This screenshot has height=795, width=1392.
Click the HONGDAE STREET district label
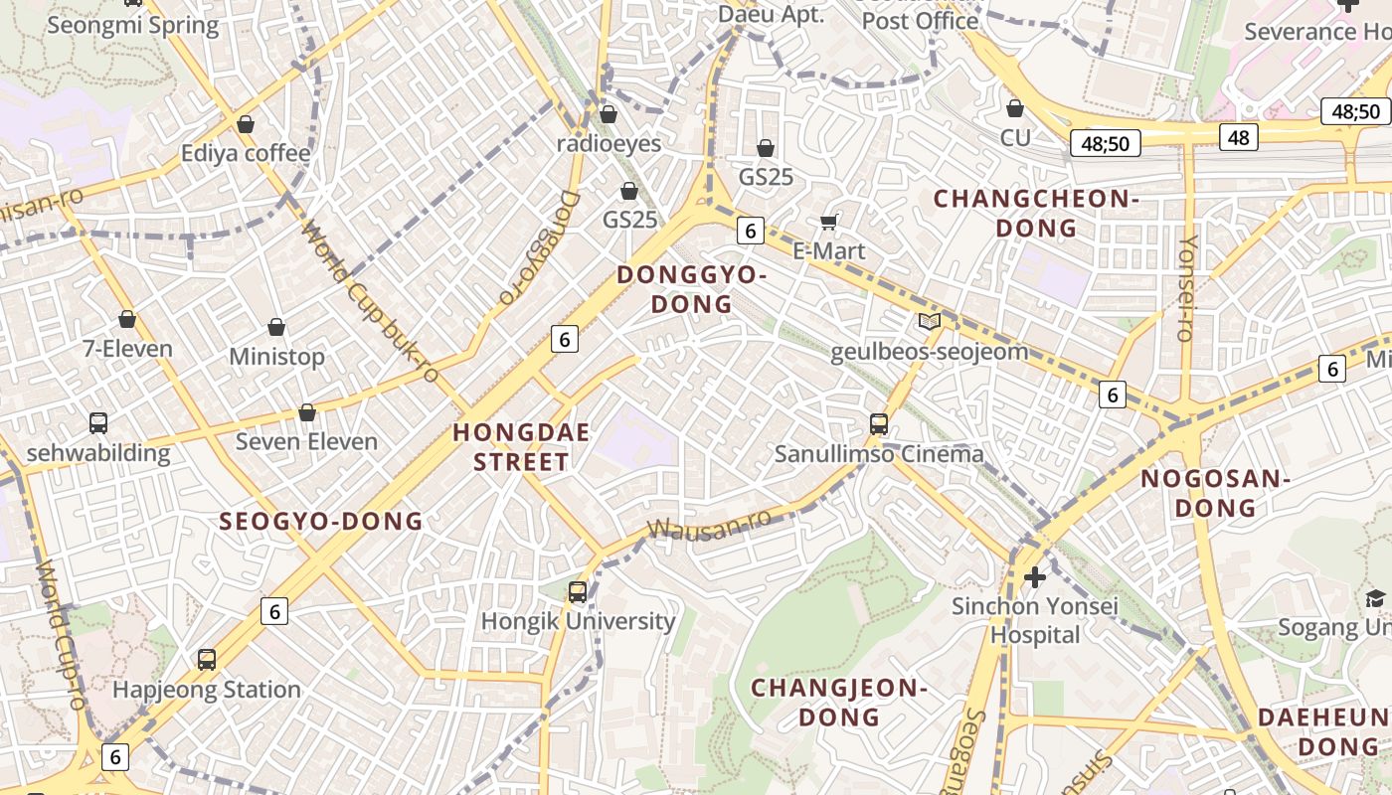click(521, 447)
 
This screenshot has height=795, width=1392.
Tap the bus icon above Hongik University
click(578, 592)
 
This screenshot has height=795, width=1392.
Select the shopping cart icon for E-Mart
click(828, 222)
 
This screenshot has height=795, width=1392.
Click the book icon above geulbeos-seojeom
click(930, 321)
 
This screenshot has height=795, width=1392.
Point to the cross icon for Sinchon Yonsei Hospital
click(1035, 576)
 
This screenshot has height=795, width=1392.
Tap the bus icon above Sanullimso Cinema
click(879, 424)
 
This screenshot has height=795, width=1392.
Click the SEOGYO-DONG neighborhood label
click(321, 521)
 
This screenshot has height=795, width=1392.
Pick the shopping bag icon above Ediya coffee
click(246, 124)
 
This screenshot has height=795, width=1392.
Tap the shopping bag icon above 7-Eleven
click(127, 319)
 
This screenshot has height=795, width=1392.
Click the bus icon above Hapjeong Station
click(207, 659)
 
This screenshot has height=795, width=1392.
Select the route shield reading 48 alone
click(1238, 137)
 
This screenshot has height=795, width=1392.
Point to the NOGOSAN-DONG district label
click(1214, 493)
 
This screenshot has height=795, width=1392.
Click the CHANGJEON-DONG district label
click(839, 702)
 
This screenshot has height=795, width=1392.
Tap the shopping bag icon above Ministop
click(276, 327)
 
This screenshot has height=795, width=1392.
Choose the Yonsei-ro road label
click(1186, 288)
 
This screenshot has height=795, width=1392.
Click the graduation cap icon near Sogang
click(1375, 598)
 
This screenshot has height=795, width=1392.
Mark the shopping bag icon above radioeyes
click(609, 114)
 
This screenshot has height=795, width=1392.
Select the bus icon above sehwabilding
click(98, 423)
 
